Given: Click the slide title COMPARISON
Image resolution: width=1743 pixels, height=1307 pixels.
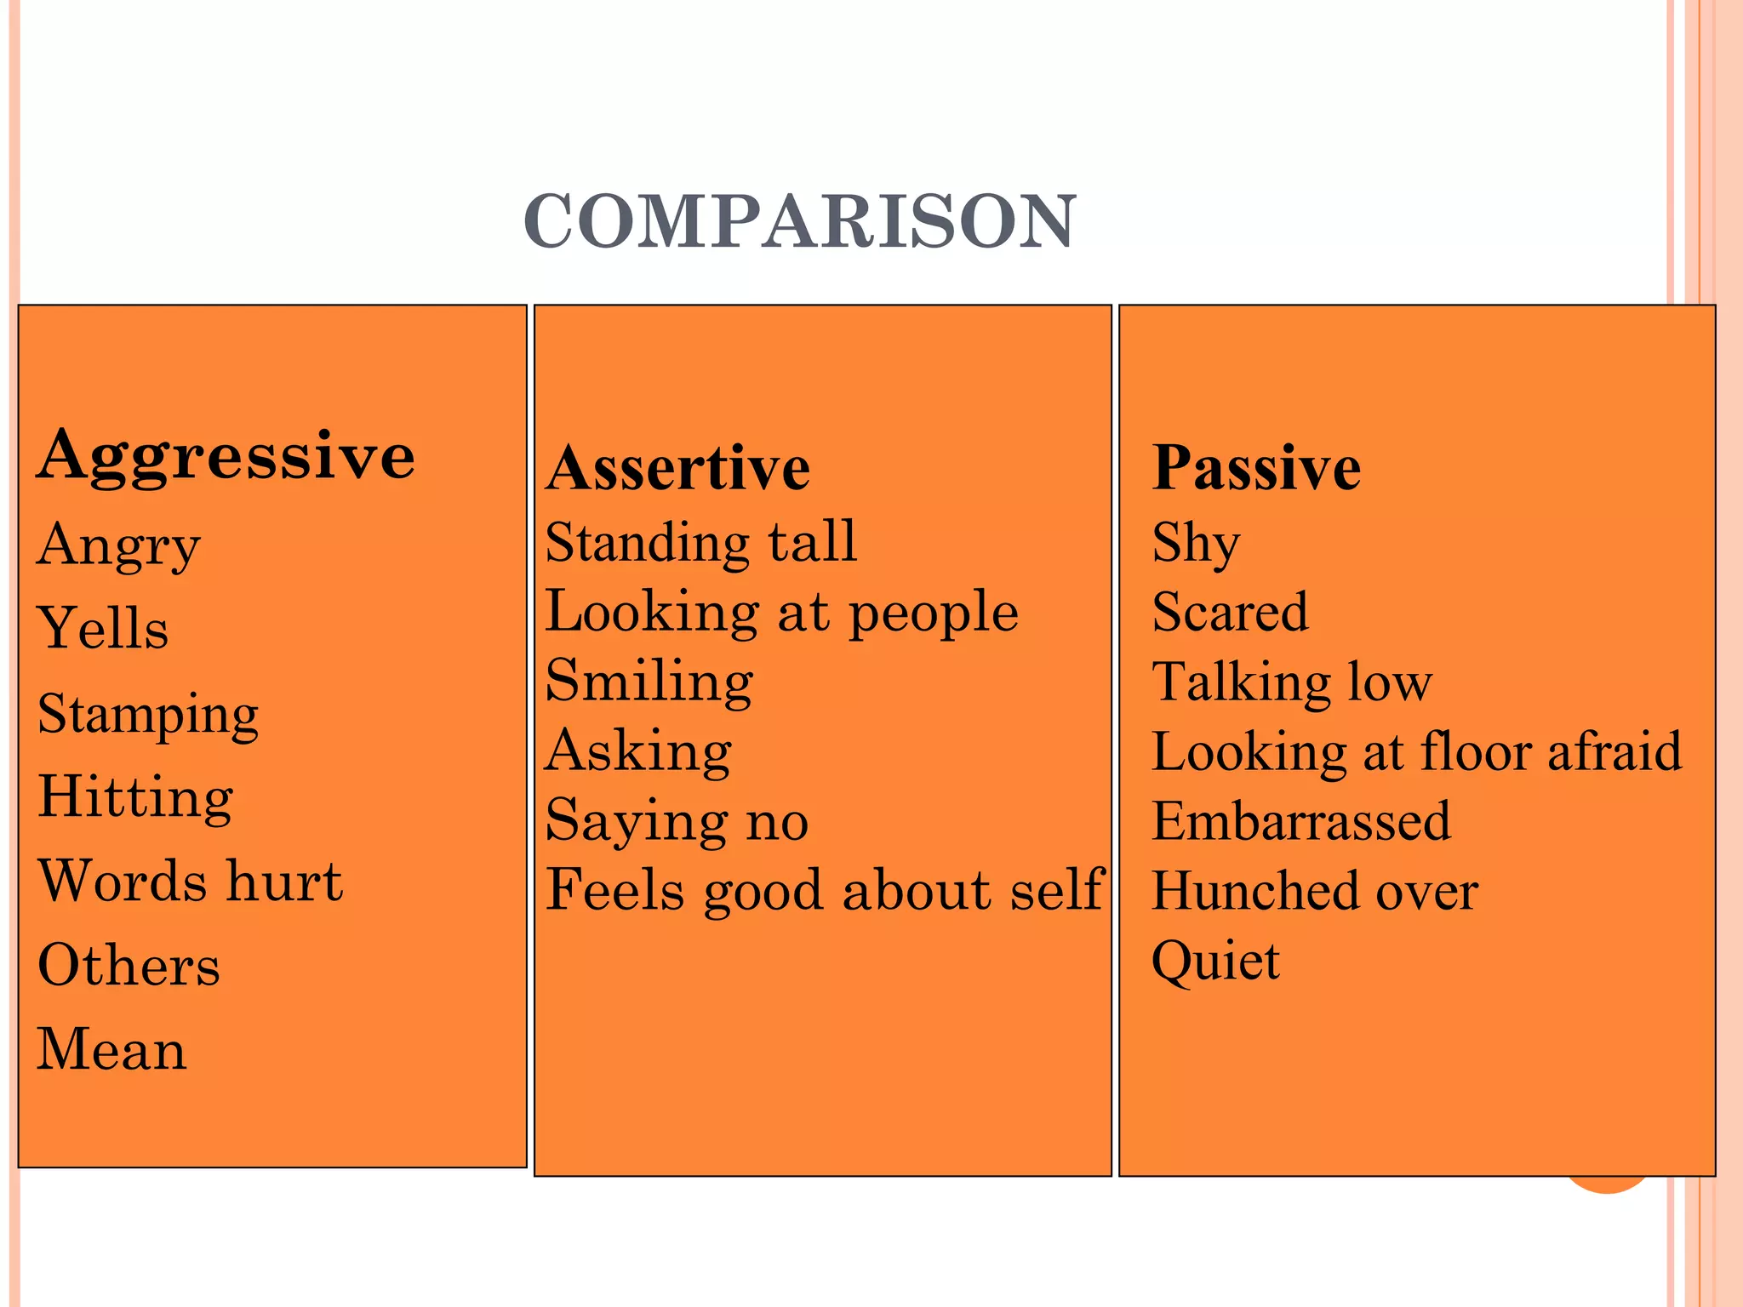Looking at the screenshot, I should (800, 221).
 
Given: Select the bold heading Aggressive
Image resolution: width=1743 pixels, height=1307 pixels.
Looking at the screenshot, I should (226, 456).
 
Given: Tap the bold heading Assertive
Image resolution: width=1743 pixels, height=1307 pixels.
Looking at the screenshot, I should (677, 469).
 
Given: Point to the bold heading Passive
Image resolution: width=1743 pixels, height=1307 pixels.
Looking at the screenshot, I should (1256, 469).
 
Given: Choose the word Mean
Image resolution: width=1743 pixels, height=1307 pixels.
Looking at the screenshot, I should (111, 1048).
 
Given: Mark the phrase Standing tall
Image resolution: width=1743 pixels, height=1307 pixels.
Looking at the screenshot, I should (701, 542).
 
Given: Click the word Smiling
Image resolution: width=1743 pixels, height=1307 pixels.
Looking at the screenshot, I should (649, 682).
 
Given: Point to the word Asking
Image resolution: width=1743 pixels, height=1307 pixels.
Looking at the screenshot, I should (638, 751).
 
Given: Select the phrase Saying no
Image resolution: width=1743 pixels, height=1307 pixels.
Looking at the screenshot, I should (677, 821).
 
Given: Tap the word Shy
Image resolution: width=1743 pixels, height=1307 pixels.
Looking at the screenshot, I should (1196, 543).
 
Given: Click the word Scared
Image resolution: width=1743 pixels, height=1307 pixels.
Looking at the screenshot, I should (1230, 612).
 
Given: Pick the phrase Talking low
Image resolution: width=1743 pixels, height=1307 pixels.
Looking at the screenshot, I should (1292, 682).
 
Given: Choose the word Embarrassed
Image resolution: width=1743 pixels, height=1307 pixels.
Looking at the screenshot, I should (1301, 821).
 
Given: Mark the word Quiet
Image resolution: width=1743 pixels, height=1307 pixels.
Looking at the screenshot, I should (1215, 962).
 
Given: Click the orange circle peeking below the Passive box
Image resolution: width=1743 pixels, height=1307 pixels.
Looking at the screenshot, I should (1607, 1185).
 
